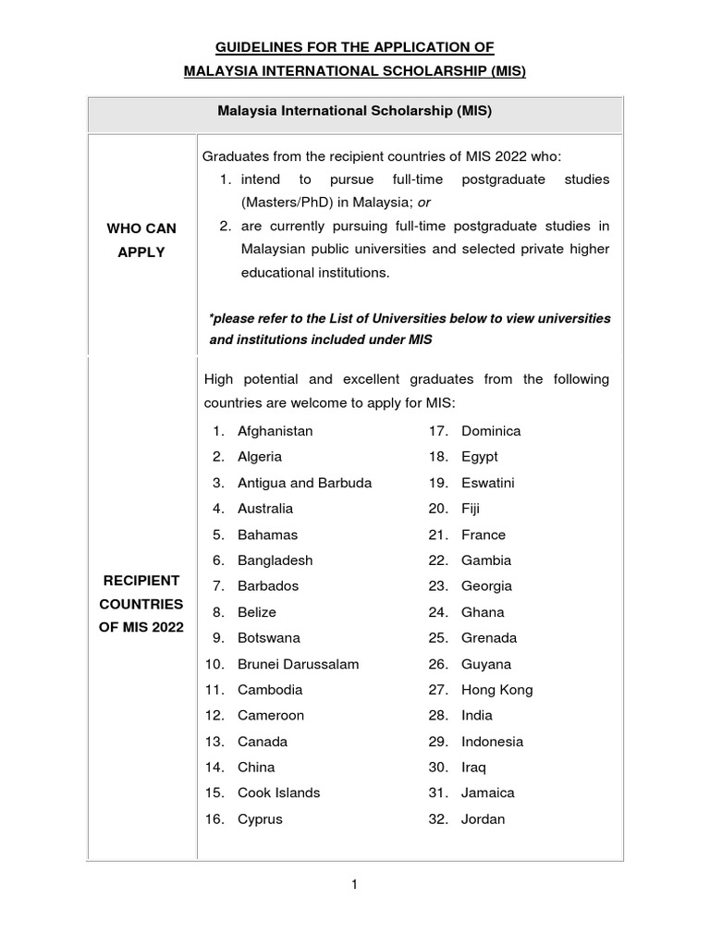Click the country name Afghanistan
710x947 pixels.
click(x=275, y=431)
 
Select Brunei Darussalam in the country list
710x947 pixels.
click(x=298, y=664)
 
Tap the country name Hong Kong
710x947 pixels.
click(x=496, y=690)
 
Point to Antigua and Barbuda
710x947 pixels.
click(x=304, y=483)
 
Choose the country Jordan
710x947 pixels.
click(x=483, y=819)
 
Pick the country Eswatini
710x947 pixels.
click(x=488, y=483)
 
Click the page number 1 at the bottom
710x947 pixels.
click(x=354, y=885)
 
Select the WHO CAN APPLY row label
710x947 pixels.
click(x=141, y=240)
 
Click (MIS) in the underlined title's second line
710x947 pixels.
click(x=504, y=71)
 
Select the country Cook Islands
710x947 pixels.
click(x=278, y=793)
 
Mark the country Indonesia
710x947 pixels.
click(x=492, y=742)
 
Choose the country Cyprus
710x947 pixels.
click(x=260, y=819)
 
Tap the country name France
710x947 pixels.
click(x=484, y=535)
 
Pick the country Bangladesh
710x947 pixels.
click(x=275, y=560)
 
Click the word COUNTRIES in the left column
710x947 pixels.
click(x=141, y=605)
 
